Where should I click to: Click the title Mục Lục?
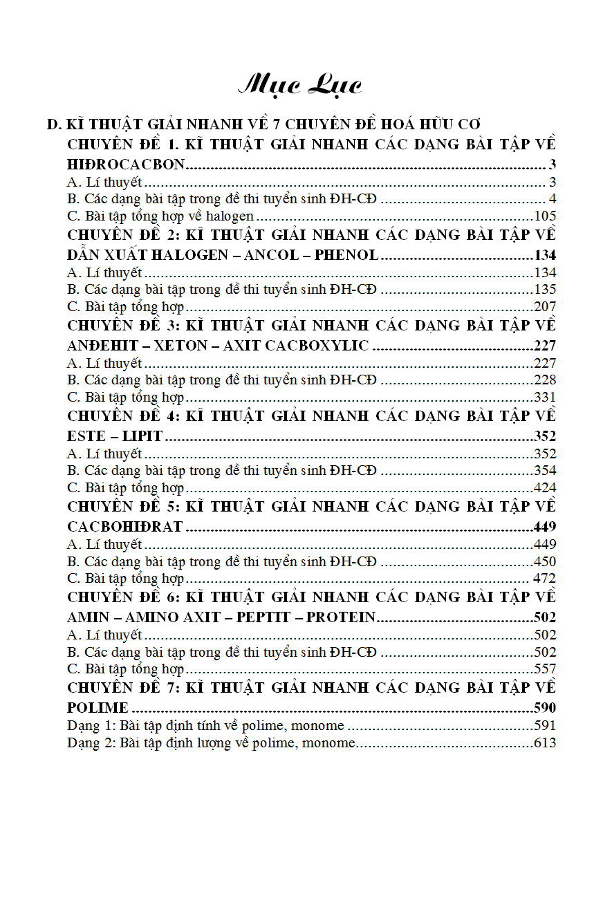coord(300,85)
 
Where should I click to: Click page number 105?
coord(545,216)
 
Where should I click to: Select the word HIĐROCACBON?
coord(126,165)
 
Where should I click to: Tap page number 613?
coord(545,743)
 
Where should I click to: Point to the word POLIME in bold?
coord(98,708)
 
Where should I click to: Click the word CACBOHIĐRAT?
coord(124,527)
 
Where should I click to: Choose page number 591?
coord(545,726)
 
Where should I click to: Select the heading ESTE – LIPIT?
coord(115,436)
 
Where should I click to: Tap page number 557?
coord(545,669)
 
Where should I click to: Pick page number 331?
coord(545,398)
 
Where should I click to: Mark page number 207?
coord(545,307)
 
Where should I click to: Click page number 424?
coord(545,488)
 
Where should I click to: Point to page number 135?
coord(545,290)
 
